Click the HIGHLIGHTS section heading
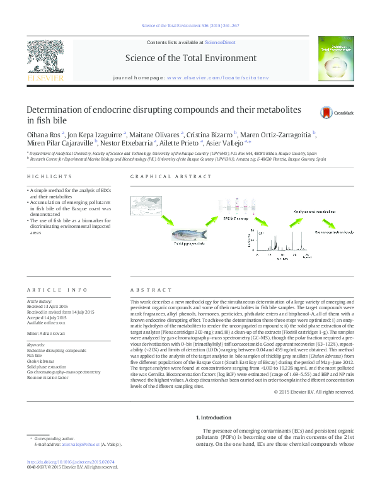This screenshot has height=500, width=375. [x=42, y=177]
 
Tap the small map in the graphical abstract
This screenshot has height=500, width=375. [x=151, y=208]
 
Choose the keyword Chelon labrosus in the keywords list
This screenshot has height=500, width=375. [x=40, y=361]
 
